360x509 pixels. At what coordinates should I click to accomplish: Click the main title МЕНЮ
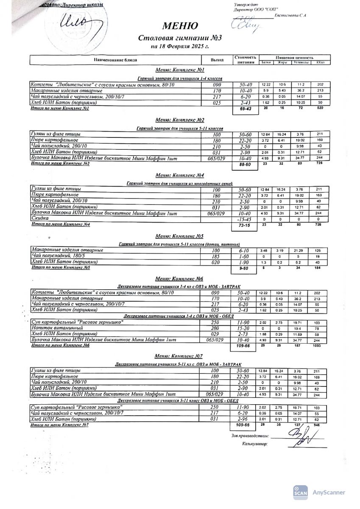[x=180, y=26]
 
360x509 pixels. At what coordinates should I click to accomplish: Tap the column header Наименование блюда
[x=115, y=60]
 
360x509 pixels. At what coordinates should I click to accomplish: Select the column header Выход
[x=217, y=60]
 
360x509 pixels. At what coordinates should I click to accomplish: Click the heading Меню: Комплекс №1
[x=180, y=70]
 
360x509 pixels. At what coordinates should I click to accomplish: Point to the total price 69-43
[x=246, y=109]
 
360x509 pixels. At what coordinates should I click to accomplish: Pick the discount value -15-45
[x=246, y=220]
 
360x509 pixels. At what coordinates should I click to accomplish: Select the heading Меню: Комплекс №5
[x=180, y=236]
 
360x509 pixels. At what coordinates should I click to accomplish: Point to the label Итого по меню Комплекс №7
[x=60, y=425]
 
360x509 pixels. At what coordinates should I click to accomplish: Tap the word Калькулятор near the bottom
[x=255, y=444]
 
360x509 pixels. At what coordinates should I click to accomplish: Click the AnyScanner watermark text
[x=329, y=492]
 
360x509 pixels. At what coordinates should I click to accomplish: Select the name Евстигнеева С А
[x=291, y=15]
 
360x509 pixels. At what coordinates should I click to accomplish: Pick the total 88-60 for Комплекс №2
[x=246, y=165]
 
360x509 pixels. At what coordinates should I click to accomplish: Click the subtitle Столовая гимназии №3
[x=180, y=38]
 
